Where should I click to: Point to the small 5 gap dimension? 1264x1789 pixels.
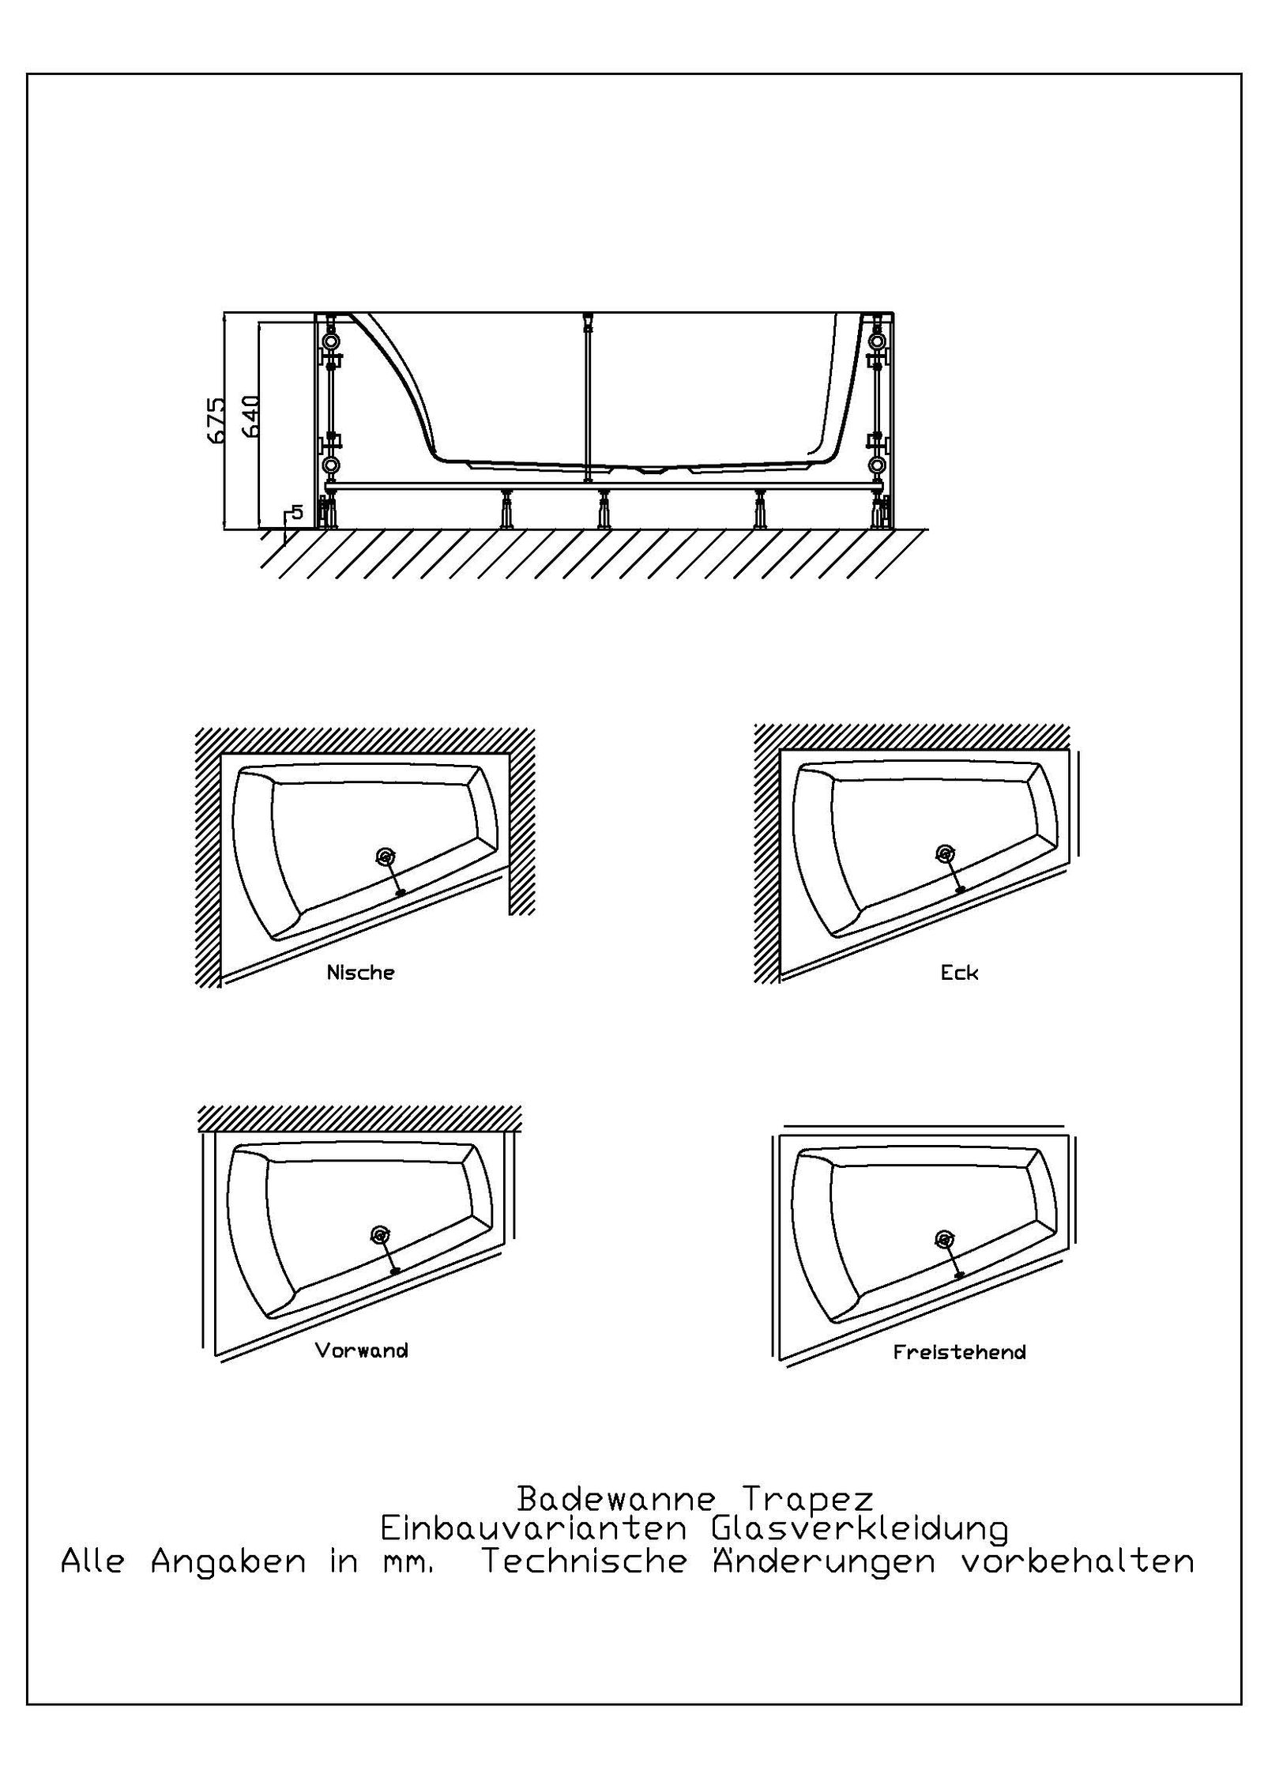coord(296,511)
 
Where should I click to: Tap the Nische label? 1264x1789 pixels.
coord(360,973)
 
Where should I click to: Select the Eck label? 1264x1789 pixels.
coord(959,973)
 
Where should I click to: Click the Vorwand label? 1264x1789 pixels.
coord(361,1350)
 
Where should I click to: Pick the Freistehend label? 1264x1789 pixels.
coord(959,1352)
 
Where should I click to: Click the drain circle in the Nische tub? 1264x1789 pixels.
coord(385,857)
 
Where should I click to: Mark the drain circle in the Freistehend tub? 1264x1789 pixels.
coord(942,1238)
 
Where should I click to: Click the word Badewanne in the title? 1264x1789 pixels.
coord(616,1497)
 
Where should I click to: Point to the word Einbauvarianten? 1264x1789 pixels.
coord(533,1529)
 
